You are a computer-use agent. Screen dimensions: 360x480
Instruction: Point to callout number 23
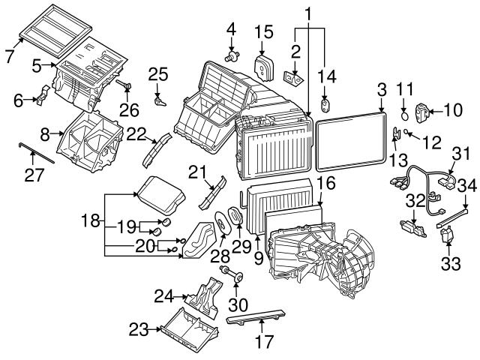pyautogui.click(x=138, y=328)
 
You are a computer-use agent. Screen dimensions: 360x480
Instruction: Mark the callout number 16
pyautogui.click(x=325, y=182)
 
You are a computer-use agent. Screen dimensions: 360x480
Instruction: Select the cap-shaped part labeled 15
pyautogui.click(x=263, y=63)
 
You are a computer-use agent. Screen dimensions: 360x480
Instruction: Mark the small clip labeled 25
pyautogui.click(x=159, y=98)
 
